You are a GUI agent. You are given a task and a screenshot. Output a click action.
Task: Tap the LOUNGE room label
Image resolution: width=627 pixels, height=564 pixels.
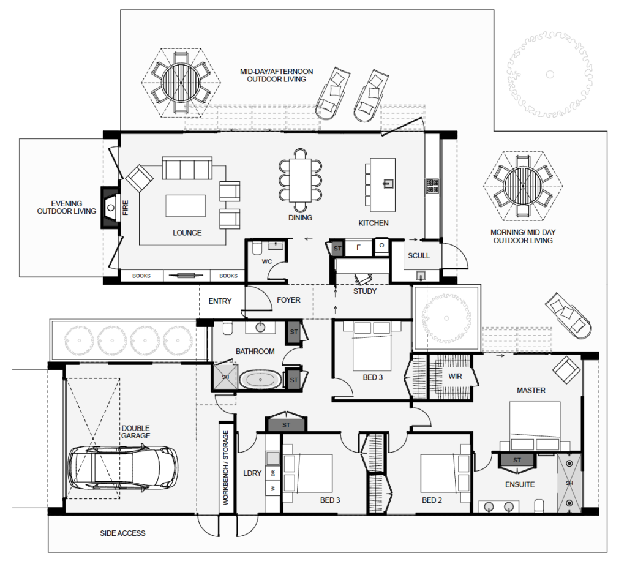(x=187, y=233)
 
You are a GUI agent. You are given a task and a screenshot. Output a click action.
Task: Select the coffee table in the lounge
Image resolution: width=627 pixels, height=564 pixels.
(x=185, y=205)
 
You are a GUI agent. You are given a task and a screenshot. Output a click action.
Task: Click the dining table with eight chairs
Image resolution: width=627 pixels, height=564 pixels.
(x=301, y=177)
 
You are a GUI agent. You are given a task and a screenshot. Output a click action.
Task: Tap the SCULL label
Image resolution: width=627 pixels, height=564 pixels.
(x=419, y=255)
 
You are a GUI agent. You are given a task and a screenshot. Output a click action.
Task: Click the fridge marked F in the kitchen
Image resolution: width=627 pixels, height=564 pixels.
(x=359, y=247)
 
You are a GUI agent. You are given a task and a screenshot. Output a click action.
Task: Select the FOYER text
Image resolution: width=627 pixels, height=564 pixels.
(x=288, y=300)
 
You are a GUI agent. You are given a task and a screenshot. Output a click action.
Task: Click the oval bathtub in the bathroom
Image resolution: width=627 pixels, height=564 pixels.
(x=261, y=380)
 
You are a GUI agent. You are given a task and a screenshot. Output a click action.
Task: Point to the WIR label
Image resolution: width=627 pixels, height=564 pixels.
(x=455, y=376)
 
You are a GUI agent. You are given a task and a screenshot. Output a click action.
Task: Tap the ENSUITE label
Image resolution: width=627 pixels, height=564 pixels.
(x=520, y=484)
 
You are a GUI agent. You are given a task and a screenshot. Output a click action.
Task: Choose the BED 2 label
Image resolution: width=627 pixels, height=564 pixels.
(x=432, y=500)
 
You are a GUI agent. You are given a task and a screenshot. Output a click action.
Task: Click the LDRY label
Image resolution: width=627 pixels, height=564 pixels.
(x=252, y=473)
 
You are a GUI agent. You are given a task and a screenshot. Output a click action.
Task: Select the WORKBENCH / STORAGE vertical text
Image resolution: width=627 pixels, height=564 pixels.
(x=226, y=468)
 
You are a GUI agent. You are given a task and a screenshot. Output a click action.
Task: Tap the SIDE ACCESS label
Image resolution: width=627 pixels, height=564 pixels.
(x=122, y=533)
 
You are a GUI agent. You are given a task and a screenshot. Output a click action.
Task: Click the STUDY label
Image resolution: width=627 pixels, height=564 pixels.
(x=365, y=291)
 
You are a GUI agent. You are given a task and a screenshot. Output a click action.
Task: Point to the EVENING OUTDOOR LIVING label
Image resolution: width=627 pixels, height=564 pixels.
(x=67, y=207)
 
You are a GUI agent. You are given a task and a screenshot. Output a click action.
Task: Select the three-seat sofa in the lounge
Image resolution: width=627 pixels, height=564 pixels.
(x=187, y=168)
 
